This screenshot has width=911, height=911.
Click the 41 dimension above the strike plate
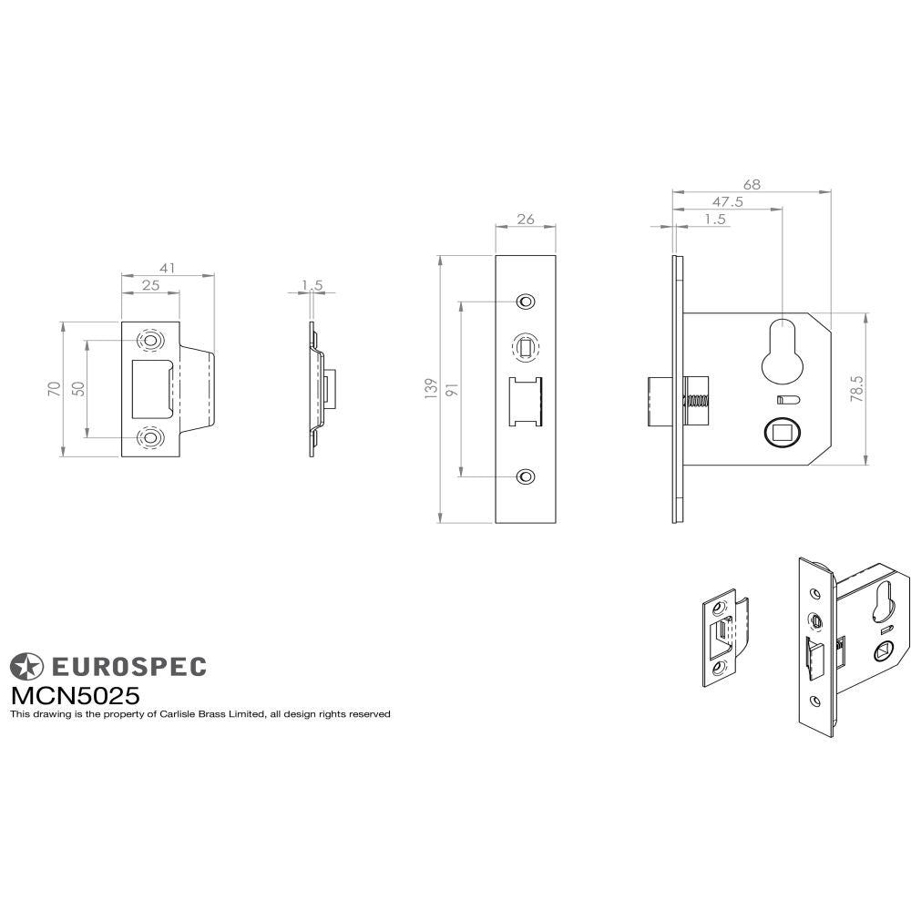167,268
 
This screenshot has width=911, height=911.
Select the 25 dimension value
150,286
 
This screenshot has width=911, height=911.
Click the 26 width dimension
525,219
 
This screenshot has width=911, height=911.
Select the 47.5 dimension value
727,202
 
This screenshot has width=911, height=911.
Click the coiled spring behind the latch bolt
698,401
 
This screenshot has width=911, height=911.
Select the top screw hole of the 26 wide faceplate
525,302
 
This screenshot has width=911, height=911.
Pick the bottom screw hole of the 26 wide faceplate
525,476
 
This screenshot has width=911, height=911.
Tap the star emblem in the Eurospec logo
26,666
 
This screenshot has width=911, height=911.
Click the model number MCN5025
75,695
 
